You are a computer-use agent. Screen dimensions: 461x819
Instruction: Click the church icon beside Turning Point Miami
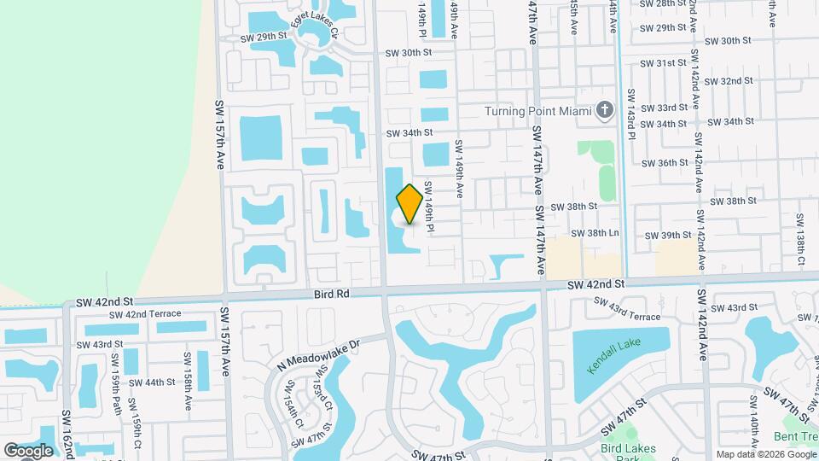[605, 110]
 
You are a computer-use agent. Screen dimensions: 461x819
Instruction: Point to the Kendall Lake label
[618, 359]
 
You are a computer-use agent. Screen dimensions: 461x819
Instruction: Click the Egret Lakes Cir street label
[315, 28]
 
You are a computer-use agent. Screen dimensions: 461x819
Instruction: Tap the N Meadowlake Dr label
[320, 352]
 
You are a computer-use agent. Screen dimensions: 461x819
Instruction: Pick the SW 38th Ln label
[595, 233]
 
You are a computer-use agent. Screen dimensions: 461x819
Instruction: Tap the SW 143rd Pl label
[632, 116]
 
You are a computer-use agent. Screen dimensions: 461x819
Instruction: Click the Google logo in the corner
[28, 450]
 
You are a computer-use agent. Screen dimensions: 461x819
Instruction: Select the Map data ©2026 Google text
[765, 454]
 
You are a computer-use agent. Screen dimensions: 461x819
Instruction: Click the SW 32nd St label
[729, 81]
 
